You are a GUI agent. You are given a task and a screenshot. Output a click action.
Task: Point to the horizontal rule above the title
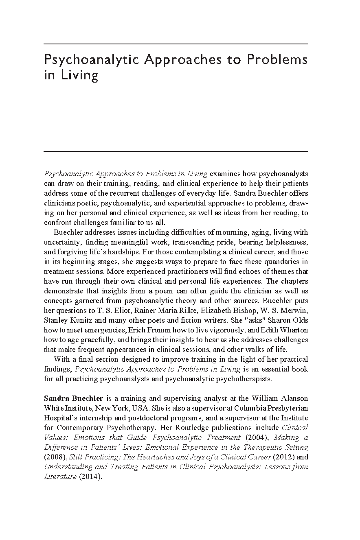click(176, 44)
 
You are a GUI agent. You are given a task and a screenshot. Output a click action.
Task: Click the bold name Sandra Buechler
click(73, 398)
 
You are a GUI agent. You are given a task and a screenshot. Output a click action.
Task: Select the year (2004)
click(255, 437)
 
